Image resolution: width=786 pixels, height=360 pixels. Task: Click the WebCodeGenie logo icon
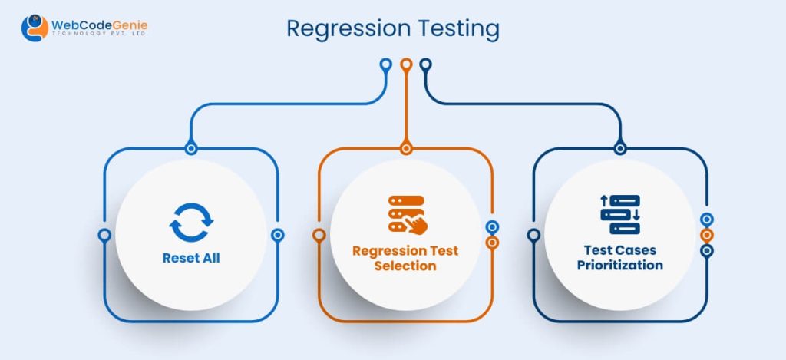coord(34,28)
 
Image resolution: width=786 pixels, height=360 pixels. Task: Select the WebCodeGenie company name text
coord(99,27)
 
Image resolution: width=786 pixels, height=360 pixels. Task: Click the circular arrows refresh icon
coord(190,222)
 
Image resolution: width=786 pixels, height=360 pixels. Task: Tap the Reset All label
coord(190,258)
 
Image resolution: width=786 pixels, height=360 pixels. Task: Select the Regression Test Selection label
coord(405,258)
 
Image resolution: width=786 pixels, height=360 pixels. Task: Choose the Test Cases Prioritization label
coord(619,258)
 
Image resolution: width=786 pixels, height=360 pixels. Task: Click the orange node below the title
coord(406,64)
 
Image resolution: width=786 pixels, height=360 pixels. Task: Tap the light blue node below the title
coord(387,64)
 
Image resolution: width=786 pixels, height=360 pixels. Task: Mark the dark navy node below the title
coord(425,64)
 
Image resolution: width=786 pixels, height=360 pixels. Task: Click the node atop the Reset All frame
coord(191,148)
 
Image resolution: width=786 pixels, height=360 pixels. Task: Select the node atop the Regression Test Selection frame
coord(406,148)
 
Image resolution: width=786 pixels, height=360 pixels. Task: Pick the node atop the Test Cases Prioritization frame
coord(620,148)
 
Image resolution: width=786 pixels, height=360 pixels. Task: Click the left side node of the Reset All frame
coord(104,235)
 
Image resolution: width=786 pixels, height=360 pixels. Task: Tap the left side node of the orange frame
coord(319,235)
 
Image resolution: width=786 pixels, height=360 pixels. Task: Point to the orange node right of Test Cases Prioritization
coord(707,235)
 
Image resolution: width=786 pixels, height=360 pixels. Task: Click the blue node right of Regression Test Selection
coord(492,227)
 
